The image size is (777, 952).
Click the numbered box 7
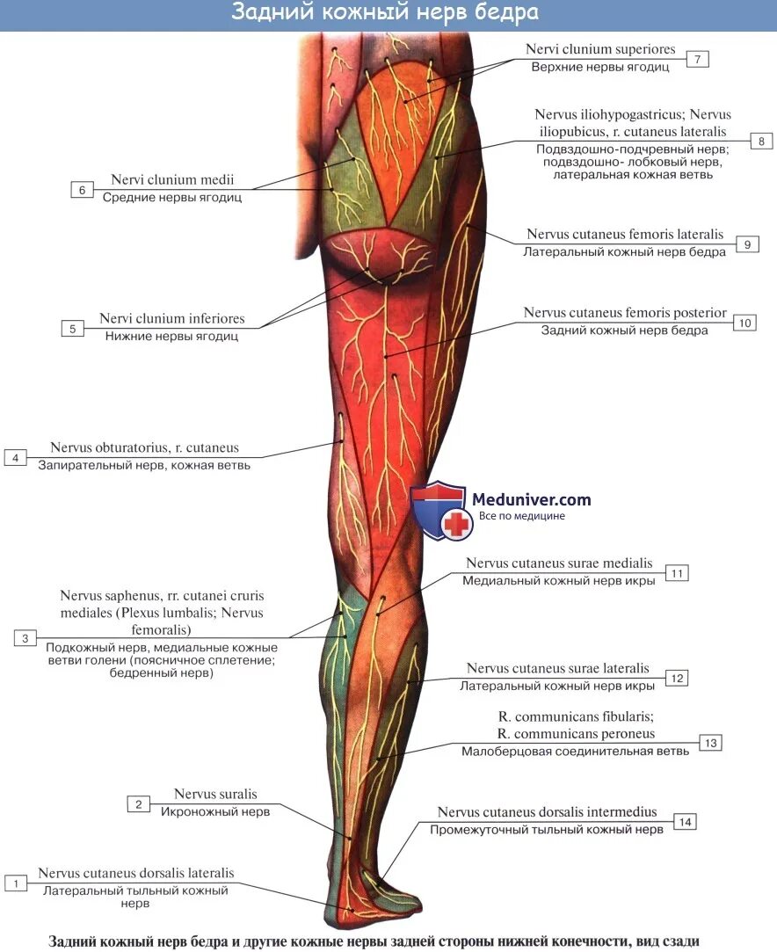tap(696, 59)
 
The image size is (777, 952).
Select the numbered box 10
tap(744, 323)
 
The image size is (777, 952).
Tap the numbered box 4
tap(15, 457)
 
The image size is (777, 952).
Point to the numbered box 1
tap(15, 882)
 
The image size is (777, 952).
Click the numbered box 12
tap(676, 678)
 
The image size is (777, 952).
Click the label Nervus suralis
tap(215, 795)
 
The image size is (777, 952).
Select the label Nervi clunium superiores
tap(600, 50)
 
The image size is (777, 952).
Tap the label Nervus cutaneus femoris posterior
tap(625, 313)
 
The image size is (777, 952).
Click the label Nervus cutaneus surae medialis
tap(559, 563)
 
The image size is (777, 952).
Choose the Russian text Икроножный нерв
tap(215, 812)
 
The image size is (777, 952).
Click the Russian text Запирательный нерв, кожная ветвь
tap(144, 465)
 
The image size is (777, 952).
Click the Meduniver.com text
tap(531, 499)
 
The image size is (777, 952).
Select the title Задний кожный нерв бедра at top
tap(385, 13)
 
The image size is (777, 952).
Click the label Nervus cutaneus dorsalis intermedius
tap(547, 812)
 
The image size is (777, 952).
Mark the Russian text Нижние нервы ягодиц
tap(171, 336)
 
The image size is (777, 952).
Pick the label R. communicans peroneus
tap(575, 734)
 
